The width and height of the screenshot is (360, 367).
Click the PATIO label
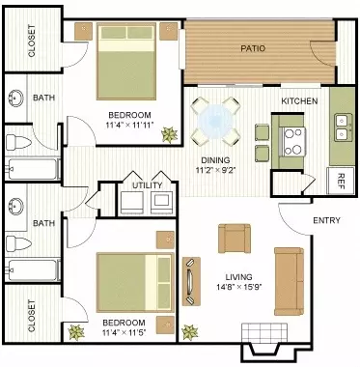pos(253,48)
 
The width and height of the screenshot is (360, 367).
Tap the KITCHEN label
pos(299,101)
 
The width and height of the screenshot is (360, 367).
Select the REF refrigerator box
pos(341,181)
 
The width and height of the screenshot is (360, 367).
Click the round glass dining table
pos(214,121)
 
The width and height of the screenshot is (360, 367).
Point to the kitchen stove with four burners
pos(293,142)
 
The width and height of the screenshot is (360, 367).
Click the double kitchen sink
pos(342,127)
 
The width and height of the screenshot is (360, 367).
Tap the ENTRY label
pos(326,220)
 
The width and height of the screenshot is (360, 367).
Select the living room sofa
pos(289,281)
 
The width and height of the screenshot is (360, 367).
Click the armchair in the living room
pos(235,239)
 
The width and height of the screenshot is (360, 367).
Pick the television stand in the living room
pos(191,281)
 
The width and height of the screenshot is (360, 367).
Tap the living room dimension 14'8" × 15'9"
pos(238,286)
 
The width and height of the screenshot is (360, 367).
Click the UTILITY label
pos(148,185)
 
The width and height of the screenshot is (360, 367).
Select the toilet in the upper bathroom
pos(18,142)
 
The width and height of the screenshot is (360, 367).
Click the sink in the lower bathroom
pos(14,206)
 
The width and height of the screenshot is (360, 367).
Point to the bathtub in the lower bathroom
pos(33,269)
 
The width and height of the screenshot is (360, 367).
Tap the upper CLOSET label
pos(32,41)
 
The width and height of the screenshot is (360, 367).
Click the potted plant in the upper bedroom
pos(169,134)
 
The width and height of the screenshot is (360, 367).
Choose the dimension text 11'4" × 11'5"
pos(124,333)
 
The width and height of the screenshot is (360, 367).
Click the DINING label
pos(215,160)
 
